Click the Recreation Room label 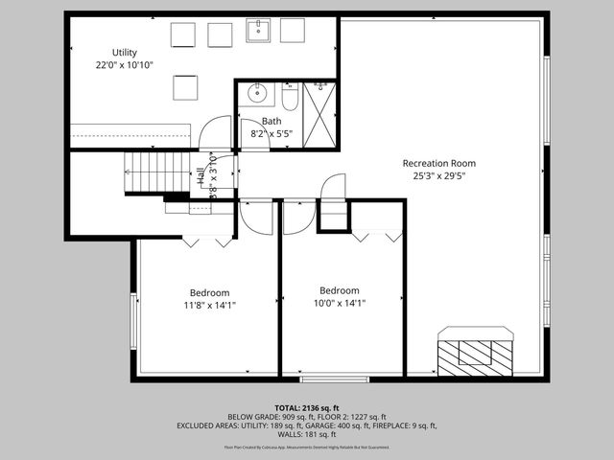click(x=438, y=163)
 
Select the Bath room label click(x=272, y=121)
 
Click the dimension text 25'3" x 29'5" click(x=438, y=176)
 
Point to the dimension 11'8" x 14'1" click(x=209, y=306)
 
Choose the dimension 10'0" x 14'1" click(x=340, y=304)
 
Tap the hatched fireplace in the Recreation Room click(x=475, y=353)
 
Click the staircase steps click(x=158, y=172)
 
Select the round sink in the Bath click(x=257, y=94)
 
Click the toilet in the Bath click(x=289, y=98)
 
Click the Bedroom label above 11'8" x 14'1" click(x=209, y=292)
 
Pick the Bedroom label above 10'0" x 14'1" click(x=340, y=290)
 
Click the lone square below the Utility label click(x=184, y=87)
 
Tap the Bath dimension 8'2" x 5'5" click(x=272, y=134)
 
